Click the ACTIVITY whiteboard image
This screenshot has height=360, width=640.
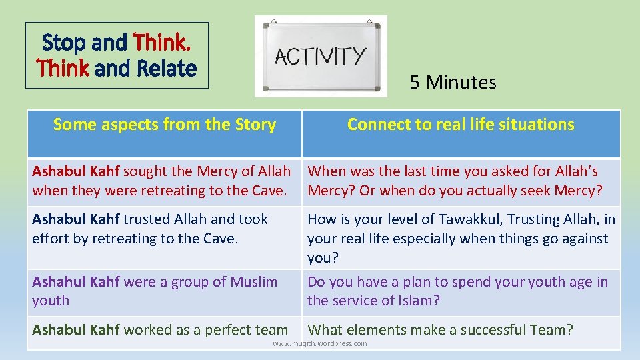click(x=321, y=56)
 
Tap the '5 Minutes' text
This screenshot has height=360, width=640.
click(x=453, y=83)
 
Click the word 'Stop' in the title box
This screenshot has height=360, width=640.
click(x=65, y=43)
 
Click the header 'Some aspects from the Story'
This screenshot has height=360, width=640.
click(x=164, y=125)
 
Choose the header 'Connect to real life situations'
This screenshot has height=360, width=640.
click(x=461, y=125)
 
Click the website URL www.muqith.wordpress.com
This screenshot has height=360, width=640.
click(x=320, y=344)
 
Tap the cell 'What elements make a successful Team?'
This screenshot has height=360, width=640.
click(x=440, y=329)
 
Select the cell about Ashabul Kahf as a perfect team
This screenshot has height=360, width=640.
click(x=160, y=329)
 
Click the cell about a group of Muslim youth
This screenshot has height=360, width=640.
click(x=155, y=291)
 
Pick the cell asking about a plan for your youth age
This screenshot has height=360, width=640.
click(x=457, y=291)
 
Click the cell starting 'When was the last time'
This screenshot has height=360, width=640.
click(x=455, y=181)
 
